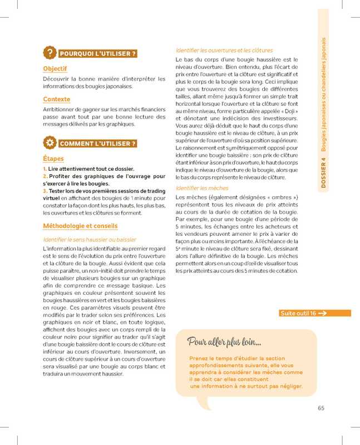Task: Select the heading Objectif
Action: point(55,69)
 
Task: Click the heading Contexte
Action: point(56,100)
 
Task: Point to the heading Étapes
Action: point(53,159)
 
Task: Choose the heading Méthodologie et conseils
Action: point(80,226)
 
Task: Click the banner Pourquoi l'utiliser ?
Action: point(97,54)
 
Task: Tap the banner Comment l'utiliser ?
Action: point(97,144)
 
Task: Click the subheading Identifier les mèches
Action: point(201,188)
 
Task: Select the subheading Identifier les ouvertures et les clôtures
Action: point(224,50)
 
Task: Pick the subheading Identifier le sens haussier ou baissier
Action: point(90,239)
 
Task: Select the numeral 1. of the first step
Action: point(45,169)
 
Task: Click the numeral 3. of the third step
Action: point(45,190)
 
